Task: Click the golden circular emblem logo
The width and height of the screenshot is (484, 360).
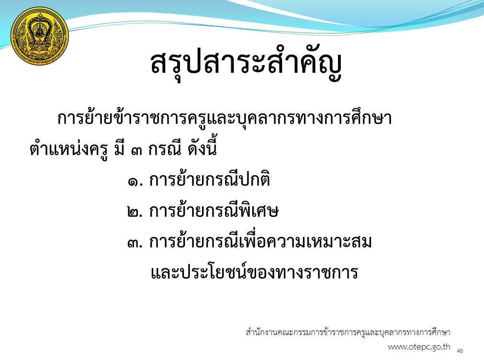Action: coord(40,36)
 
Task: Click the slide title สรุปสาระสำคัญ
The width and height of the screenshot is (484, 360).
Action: coord(247,64)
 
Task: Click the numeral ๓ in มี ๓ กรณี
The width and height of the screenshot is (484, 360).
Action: coord(136,151)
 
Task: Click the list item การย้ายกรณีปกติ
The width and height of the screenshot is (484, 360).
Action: coord(210,179)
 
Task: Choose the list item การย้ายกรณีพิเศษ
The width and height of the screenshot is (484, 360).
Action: coord(214,210)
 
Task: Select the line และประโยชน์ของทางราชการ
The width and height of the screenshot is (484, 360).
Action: coord(254,271)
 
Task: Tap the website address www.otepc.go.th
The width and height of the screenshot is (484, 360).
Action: coord(419,347)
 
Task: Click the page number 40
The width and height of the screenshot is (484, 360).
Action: coord(460,351)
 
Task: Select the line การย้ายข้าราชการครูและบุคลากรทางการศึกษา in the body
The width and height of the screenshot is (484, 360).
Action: coord(225,118)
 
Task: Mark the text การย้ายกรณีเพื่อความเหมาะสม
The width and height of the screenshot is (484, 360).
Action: coord(260,240)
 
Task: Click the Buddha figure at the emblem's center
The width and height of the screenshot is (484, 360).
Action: coord(40,30)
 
